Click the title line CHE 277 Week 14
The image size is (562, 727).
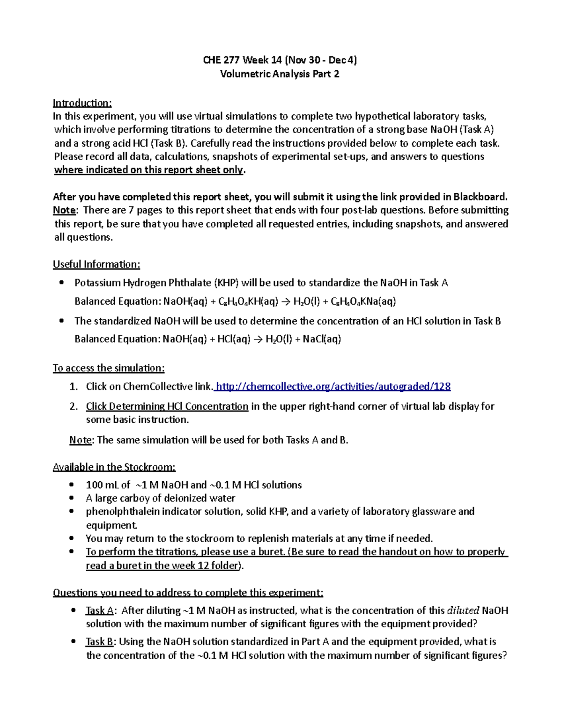coord(280,60)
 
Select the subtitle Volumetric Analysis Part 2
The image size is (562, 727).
coord(280,74)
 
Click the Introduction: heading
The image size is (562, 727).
coord(82,103)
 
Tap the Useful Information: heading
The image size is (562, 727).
coord(96,264)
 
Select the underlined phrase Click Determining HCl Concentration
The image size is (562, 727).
coord(167,406)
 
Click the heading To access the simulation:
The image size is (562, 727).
coord(108,368)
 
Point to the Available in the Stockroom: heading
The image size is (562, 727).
coord(114,467)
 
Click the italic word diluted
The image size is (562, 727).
coord(463,611)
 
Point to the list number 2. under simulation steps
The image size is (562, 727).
coord(74,406)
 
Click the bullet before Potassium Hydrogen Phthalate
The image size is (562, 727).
coord(61,283)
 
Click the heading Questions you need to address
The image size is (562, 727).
coord(187,593)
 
